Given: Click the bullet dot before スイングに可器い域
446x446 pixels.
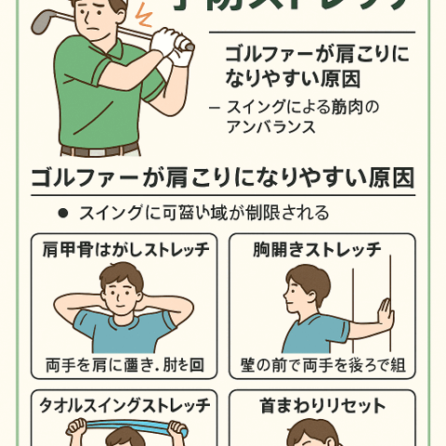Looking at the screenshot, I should point(63,214).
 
